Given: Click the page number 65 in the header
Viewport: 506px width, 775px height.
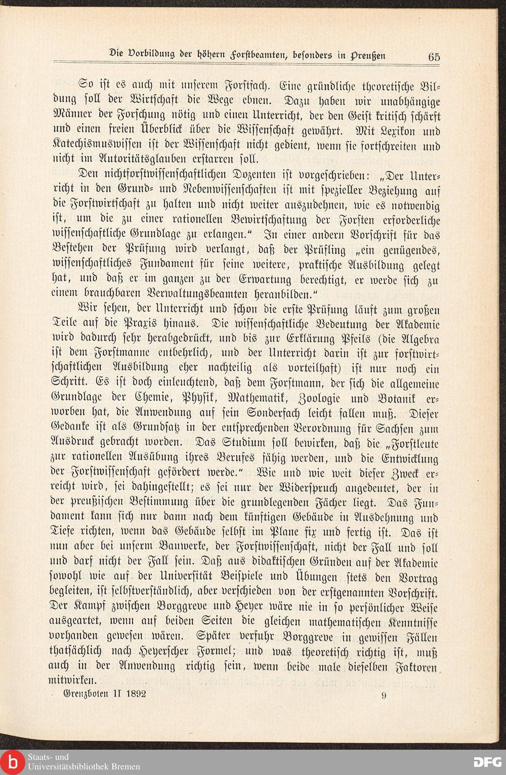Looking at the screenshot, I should (434, 57).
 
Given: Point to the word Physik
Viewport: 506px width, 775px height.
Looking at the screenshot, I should (216, 398).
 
